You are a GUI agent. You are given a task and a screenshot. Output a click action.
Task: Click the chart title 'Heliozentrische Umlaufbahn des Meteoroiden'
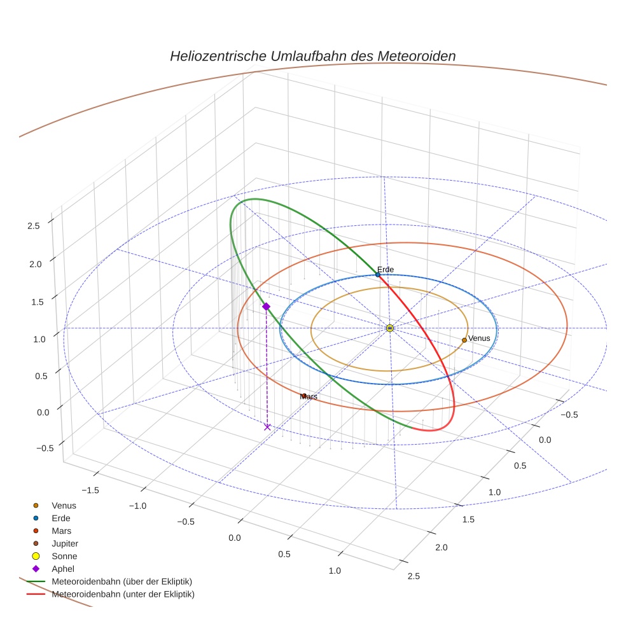[x=312, y=56]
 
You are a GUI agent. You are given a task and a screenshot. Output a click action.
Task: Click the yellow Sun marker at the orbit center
[x=390, y=328]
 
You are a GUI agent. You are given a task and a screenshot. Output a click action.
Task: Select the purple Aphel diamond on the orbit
[x=266, y=307]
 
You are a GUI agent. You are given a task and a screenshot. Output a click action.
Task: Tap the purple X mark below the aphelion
[x=267, y=427]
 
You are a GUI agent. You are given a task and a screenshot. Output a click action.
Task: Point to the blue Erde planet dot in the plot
[x=378, y=275]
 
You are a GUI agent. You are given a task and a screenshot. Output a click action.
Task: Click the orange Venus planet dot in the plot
[x=464, y=340]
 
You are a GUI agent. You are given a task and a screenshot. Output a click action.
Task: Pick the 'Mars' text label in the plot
[x=309, y=396]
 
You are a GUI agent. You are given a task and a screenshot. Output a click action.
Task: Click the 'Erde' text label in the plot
[x=386, y=270]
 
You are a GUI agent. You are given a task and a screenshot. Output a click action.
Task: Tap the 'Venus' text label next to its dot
[x=479, y=338]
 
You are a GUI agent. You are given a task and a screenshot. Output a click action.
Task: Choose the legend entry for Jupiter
[x=64, y=543]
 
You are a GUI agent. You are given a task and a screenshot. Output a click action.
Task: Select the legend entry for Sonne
[x=64, y=556]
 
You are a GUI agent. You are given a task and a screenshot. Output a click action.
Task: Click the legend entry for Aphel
[x=62, y=569]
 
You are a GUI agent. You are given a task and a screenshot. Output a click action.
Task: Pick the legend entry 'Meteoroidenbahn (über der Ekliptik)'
[x=122, y=581]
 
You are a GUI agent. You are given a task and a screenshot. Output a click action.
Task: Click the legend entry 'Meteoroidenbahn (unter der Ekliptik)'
[x=123, y=594]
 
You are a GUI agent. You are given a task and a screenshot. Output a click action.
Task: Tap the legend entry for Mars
[x=61, y=531]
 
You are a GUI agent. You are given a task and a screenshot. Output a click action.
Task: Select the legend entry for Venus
[x=64, y=505]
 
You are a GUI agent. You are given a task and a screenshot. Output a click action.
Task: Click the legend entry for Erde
[x=61, y=518]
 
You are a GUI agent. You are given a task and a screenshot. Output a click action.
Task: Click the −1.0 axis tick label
[x=137, y=506]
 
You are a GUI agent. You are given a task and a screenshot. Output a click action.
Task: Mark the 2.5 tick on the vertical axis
[x=34, y=226]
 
